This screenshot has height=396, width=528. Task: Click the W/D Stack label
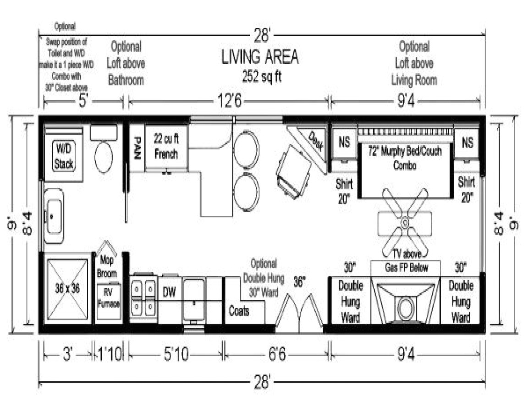pos(64,156)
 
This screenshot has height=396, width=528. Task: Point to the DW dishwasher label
pos(170,291)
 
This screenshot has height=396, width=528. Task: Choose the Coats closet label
pos(239,312)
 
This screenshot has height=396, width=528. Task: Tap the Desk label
pos(316,141)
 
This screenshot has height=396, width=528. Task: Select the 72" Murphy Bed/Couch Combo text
pos(405,157)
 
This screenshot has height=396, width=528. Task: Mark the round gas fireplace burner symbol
pos(405,308)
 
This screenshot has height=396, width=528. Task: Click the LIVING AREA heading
pos(260,57)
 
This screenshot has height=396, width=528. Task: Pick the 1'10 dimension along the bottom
pos(110,354)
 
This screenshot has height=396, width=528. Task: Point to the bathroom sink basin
pos(54,215)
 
